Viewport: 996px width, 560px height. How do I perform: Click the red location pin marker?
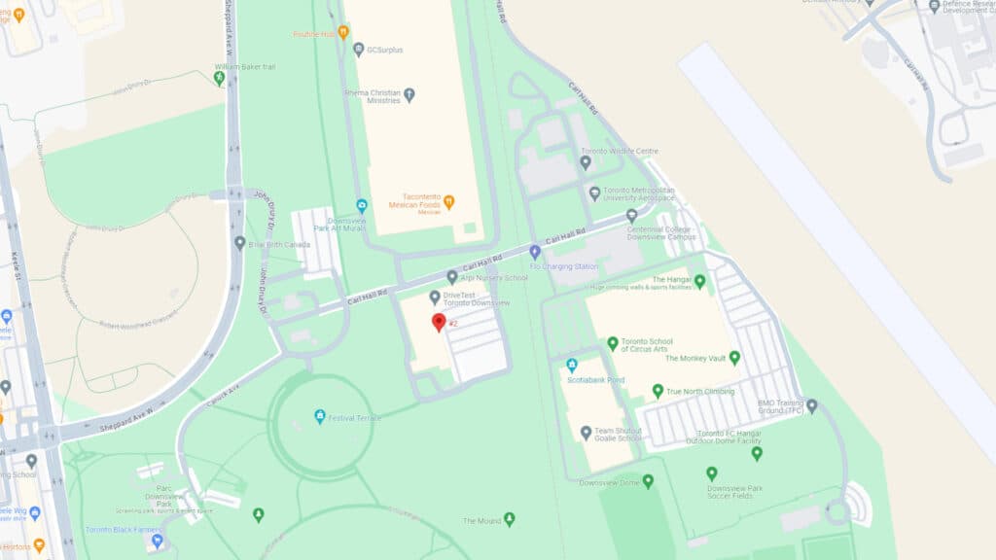coord(439,322)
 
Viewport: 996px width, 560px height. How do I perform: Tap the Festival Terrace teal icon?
coord(319,417)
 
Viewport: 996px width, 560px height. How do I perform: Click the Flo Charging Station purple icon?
coord(534,253)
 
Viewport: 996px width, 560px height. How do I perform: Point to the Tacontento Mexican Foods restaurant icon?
coord(448,202)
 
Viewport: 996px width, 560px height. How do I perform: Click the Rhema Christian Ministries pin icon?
coord(409,95)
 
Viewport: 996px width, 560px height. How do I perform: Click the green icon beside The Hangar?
coord(699,282)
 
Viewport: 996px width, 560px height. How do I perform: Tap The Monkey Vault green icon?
coord(734,358)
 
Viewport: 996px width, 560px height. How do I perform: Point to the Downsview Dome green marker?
coord(648,480)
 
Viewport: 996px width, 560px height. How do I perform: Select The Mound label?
coord(481,521)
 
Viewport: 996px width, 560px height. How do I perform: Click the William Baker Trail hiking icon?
coord(219,78)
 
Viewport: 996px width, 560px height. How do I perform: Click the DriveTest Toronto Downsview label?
coord(477,298)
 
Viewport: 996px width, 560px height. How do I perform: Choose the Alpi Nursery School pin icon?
coord(451,277)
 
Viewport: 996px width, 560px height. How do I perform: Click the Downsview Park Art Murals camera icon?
coord(362,205)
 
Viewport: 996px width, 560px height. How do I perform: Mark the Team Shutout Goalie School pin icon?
coord(585,433)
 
